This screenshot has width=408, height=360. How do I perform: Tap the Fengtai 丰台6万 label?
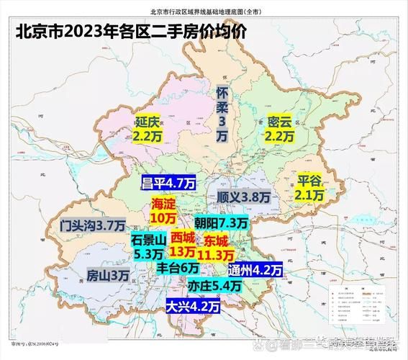coord(178,267)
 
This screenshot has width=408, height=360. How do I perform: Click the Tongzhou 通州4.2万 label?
coord(257,271)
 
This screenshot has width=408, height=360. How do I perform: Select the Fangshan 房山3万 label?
coord(108,275)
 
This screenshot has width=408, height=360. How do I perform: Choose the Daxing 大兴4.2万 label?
coord(192,306)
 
